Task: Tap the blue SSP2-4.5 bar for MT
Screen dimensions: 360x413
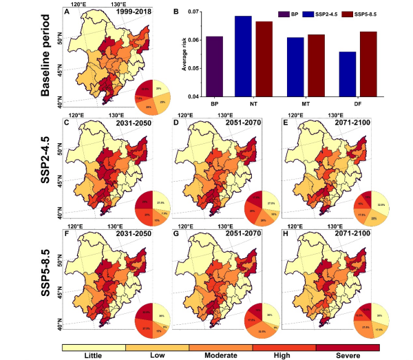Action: [295, 67]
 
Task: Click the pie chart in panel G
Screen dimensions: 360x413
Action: [264, 321]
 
